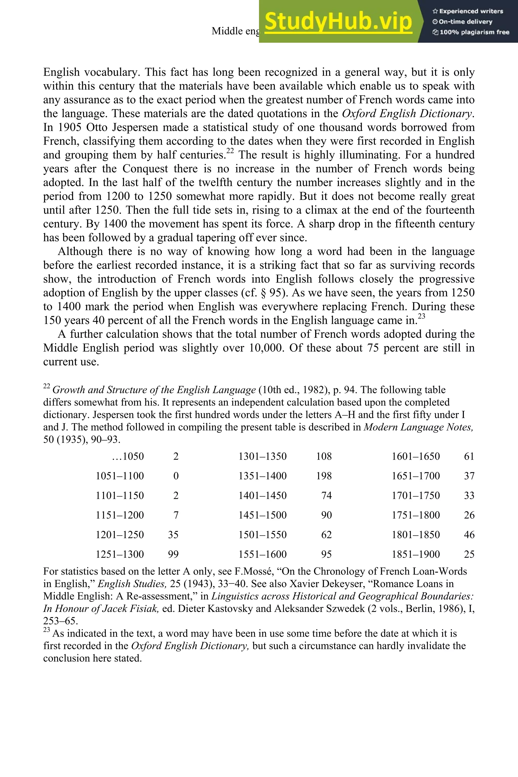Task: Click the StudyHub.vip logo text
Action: click(338, 21)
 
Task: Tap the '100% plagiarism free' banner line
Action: click(471, 32)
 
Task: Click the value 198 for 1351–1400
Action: click(323, 476)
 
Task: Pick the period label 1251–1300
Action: click(120, 554)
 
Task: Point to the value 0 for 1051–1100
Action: click(176, 476)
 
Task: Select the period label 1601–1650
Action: click(416, 457)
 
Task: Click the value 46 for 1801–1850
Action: click(469, 535)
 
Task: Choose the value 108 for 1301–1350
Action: click(323, 457)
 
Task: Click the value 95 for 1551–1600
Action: click(326, 554)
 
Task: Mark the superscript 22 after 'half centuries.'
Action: click(230, 151)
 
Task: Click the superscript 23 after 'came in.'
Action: click(421, 316)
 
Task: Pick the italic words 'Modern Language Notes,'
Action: click(418, 427)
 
